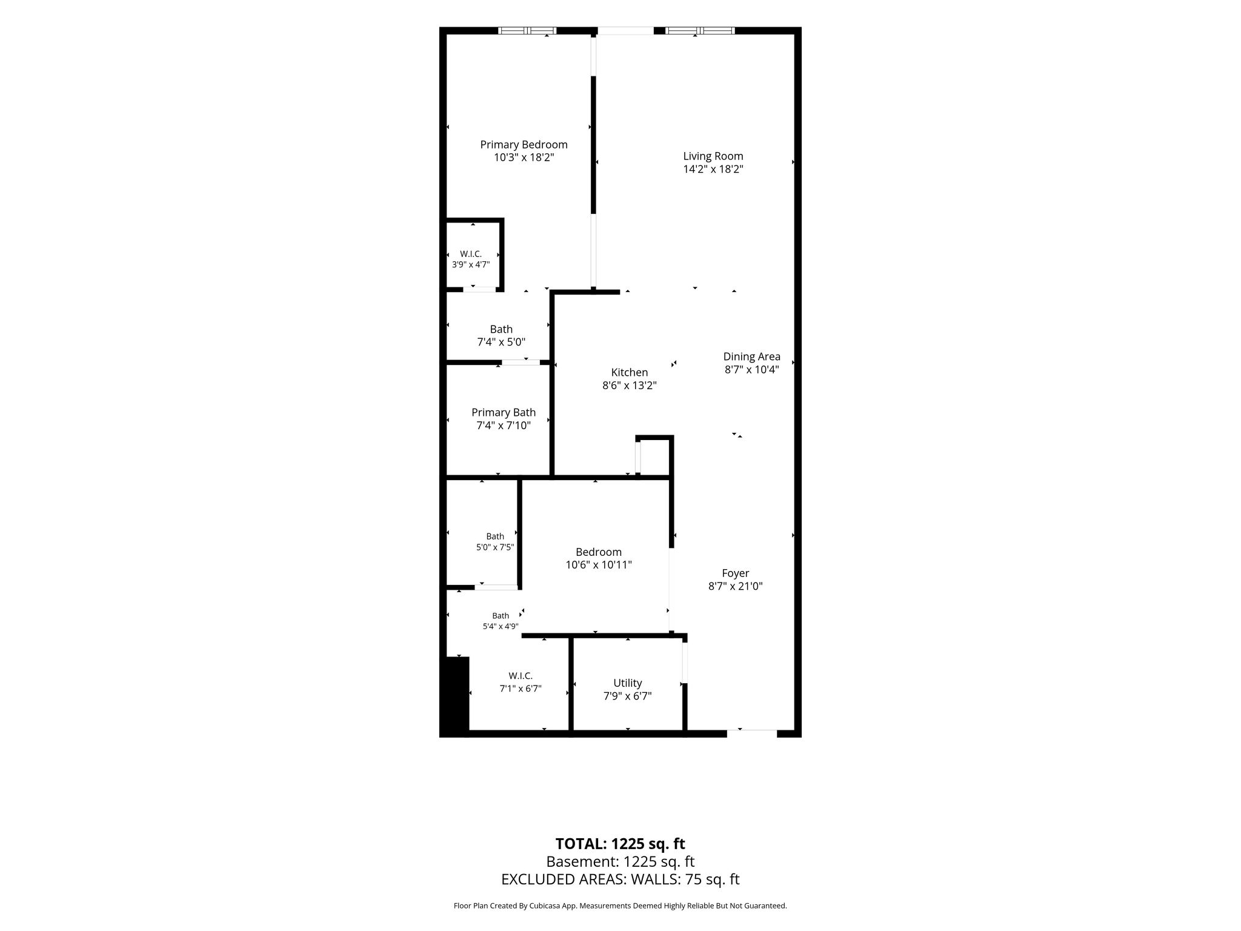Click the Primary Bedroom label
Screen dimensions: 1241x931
click(x=524, y=144)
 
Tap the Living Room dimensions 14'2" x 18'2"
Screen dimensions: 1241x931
click(x=713, y=169)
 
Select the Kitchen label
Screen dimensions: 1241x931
click(x=630, y=372)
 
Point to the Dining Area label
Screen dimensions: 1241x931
click(x=751, y=356)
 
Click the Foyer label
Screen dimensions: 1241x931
click(x=736, y=573)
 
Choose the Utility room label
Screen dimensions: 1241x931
click(x=628, y=683)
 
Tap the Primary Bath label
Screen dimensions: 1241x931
click(x=504, y=413)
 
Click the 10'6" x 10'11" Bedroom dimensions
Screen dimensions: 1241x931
click(x=599, y=565)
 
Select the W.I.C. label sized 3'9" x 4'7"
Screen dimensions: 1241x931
click(x=471, y=254)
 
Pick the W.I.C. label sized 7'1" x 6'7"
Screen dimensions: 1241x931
click(x=521, y=676)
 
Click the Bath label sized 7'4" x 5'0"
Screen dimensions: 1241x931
click(x=501, y=329)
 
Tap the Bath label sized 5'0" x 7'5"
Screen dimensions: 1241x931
click(x=495, y=536)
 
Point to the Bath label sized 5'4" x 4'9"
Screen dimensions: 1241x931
click(x=501, y=616)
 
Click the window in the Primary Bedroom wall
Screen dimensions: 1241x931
click(x=527, y=30)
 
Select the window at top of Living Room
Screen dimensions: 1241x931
click(x=700, y=30)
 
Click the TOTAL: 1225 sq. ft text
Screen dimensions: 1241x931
click(x=620, y=844)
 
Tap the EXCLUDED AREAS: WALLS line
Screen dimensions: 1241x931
click(x=620, y=879)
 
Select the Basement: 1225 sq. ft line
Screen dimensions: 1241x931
click(x=620, y=861)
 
